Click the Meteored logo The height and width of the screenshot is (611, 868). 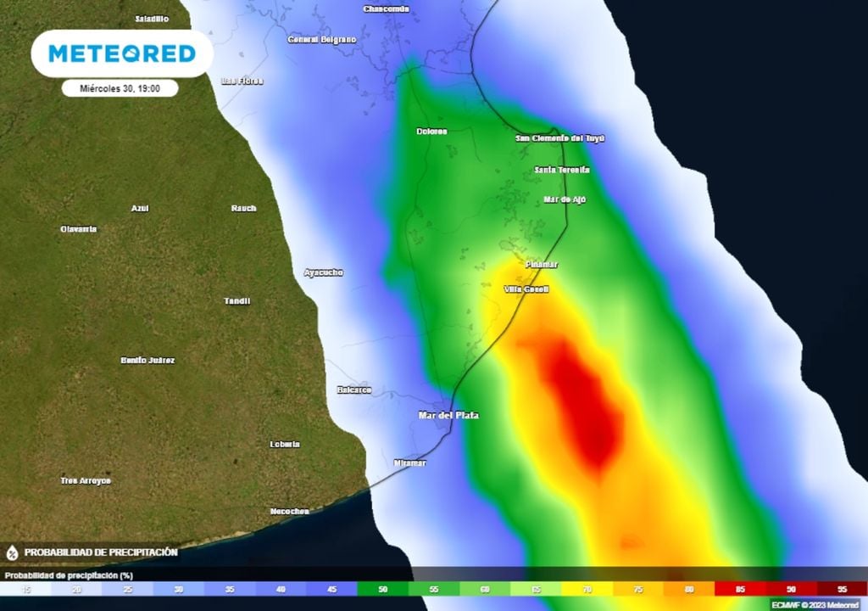tap(122, 53)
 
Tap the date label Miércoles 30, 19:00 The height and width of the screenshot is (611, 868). tap(120, 87)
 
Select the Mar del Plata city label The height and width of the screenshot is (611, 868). tap(448, 415)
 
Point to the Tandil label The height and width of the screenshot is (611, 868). tap(237, 301)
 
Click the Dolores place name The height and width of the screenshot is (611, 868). tap(431, 132)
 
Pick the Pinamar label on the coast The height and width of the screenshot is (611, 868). tap(542, 264)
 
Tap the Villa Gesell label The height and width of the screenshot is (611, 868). tap(526, 289)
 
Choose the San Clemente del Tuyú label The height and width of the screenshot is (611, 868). tap(560, 138)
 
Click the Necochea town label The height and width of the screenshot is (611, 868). tap(289, 511)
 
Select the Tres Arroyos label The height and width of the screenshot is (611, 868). tap(86, 481)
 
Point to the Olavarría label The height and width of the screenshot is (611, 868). tap(79, 229)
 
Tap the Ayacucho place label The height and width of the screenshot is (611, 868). tap(324, 272)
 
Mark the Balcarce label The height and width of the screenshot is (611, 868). tap(354, 390)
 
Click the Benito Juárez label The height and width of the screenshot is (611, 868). tap(147, 361)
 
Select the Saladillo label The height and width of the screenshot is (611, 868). tap(153, 19)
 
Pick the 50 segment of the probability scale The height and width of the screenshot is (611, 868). tap(381, 588)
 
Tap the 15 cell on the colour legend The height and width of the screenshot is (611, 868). tap(25, 588)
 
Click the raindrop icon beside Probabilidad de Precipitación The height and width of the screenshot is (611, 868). tap(12, 552)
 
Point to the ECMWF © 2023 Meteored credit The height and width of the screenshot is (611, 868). tap(815, 604)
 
